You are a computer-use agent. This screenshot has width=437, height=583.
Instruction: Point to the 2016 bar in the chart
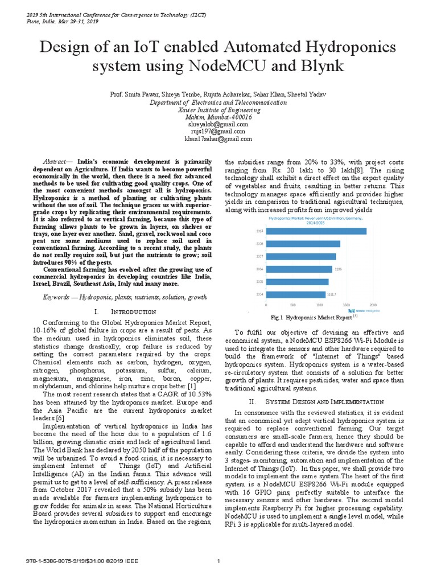tap(299, 269)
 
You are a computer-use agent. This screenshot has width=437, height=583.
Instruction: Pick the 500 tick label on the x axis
tap(293, 305)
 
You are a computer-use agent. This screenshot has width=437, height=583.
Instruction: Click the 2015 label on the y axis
tap(259, 282)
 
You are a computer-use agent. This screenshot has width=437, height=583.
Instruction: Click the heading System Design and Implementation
tap(314, 402)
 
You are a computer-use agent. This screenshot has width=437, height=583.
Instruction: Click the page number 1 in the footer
tap(218, 562)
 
